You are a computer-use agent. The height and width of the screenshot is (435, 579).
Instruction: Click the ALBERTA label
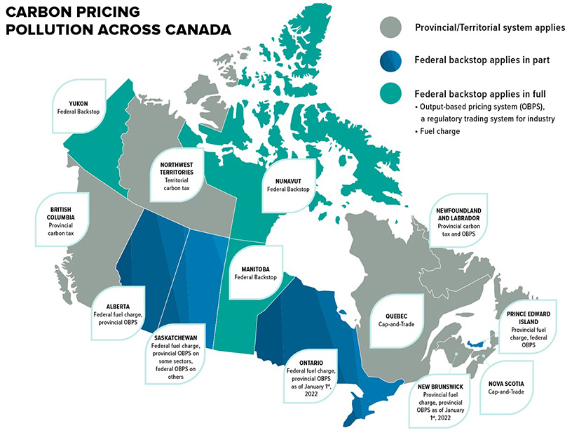click(x=116, y=306)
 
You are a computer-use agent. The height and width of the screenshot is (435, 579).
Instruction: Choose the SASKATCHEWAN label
click(x=176, y=336)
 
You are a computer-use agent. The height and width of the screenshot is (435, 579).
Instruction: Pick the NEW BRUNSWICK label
click(x=442, y=386)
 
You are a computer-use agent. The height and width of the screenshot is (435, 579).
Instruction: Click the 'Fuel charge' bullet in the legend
click(x=439, y=131)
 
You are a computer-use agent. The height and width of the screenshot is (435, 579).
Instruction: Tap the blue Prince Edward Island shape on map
click(x=477, y=343)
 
